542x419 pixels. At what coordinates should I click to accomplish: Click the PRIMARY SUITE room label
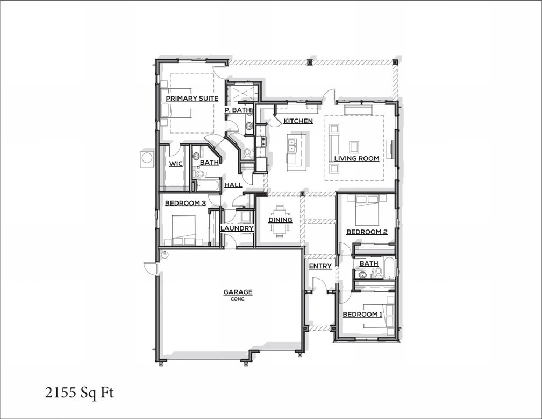pos(192,99)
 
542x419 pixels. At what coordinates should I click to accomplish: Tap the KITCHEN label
pos(298,121)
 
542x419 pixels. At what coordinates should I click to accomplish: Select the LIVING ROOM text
pos(356,158)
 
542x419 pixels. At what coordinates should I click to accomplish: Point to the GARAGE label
pos(238,292)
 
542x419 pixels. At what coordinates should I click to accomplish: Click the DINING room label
pos(280,220)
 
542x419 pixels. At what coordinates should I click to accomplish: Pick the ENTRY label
pos(320,266)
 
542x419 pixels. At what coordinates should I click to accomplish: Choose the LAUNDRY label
pos(237,228)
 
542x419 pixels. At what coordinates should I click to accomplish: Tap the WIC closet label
pos(176,164)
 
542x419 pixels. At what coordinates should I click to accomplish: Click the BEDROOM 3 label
pos(185,203)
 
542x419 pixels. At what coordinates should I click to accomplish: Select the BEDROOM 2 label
pos(367,232)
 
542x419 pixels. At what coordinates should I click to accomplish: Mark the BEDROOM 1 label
pos(362,314)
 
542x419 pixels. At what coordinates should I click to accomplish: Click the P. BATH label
pos(238,110)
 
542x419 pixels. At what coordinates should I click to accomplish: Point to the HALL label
pos(233,185)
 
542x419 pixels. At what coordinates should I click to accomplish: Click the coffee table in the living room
pos(354,146)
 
